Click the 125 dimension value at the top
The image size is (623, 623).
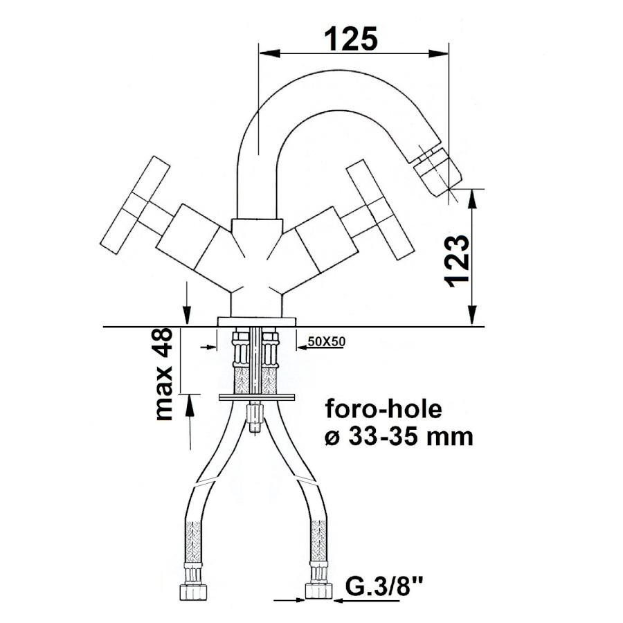pyautogui.click(x=351, y=39)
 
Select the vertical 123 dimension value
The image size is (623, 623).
pyautogui.click(x=457, y=261)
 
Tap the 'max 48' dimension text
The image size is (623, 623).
pyautogui.click(x=163, y=374)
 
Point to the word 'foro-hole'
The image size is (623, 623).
pyautogui.click(x=383, y=409)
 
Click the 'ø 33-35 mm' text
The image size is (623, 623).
pyautogui.click(x=399, y=437)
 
